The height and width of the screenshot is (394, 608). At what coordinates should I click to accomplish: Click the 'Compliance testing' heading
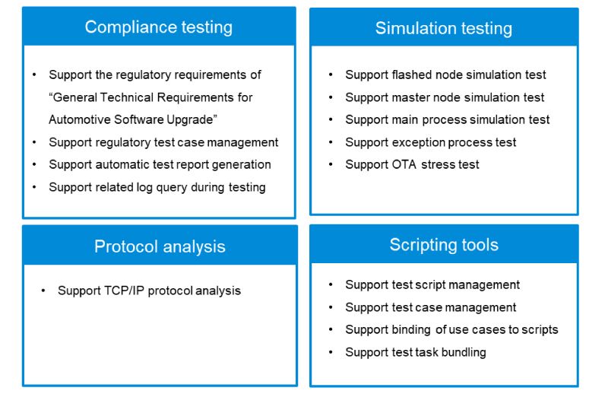click(159, 27)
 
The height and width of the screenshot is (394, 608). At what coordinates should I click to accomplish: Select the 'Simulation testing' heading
click(444, 29)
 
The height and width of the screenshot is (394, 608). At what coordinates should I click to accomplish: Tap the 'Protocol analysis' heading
click(160, 247)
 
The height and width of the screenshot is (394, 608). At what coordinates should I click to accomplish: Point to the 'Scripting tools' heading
click(444, 246)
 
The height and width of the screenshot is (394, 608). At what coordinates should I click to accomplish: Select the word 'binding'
click(411, 330)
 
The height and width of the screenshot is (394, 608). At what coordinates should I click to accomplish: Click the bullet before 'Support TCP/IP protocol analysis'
click(43, 291)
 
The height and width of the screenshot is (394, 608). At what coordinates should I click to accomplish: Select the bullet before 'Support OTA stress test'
click(331, 164)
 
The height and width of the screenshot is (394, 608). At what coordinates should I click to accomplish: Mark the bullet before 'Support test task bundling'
click(331, 352)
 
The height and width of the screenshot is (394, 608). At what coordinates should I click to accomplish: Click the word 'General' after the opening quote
click(74, 97)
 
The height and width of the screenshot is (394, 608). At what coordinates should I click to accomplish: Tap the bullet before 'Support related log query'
click(34, 187)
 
